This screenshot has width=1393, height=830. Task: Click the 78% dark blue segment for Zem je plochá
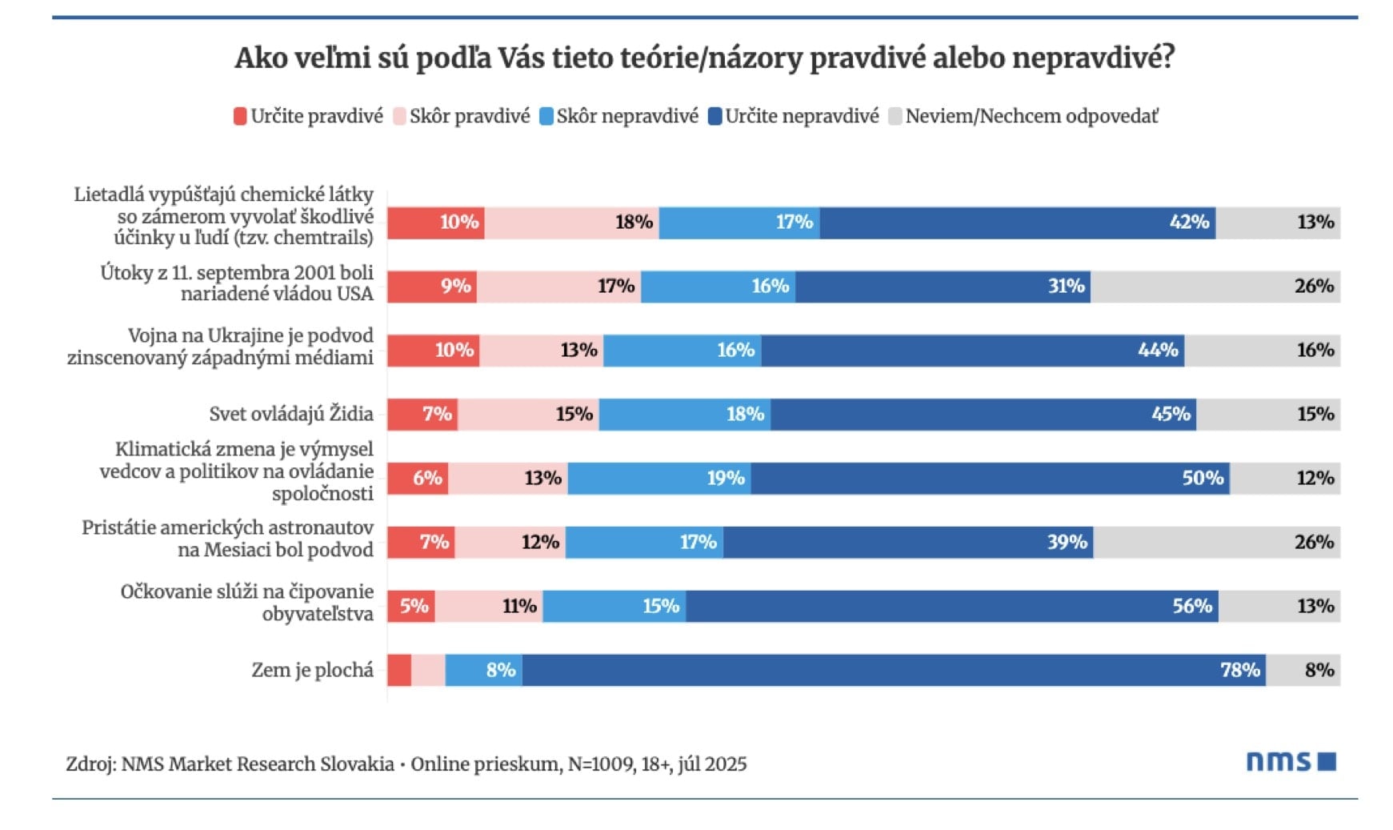(893, 670)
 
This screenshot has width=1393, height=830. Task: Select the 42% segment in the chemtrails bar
(1017, 223)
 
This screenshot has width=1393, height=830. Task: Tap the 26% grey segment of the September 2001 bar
(1215, 287)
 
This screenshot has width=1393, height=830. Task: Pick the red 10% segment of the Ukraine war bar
(433, 351)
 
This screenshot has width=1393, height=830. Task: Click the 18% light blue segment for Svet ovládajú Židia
(685, 415)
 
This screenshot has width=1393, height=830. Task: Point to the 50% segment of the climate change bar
(990, 479)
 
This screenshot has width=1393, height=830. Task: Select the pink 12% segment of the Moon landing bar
(510, 543)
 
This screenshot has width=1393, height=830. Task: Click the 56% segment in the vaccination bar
(951, 607)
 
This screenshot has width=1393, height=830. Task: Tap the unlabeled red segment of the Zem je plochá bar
(399, 670)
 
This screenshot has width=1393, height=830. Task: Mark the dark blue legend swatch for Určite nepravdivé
(715, 117)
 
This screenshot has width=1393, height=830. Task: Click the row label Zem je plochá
(312, 670)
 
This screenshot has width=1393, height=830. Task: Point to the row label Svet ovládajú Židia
(291, 414)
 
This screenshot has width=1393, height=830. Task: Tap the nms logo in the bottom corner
(1290, 761)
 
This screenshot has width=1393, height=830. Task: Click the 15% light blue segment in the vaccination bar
(614, 607)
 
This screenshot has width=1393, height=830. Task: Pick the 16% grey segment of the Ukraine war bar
(1262, 351)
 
